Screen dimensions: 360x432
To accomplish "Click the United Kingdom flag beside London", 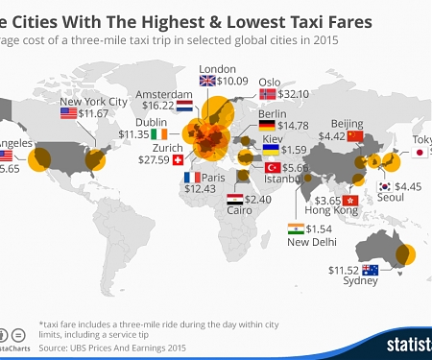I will coord(208,80).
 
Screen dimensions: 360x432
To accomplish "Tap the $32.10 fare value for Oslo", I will coord(294,95).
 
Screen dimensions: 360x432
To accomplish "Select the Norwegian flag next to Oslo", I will coord(268,95).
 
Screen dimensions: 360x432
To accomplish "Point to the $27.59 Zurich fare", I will coord(156,158).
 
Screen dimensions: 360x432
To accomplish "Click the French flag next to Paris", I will coord(189,178).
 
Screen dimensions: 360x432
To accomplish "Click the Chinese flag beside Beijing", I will coord(355,136).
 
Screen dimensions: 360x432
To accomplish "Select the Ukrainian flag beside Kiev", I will coord(271,150).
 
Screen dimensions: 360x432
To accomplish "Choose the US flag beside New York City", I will coord(68,113).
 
